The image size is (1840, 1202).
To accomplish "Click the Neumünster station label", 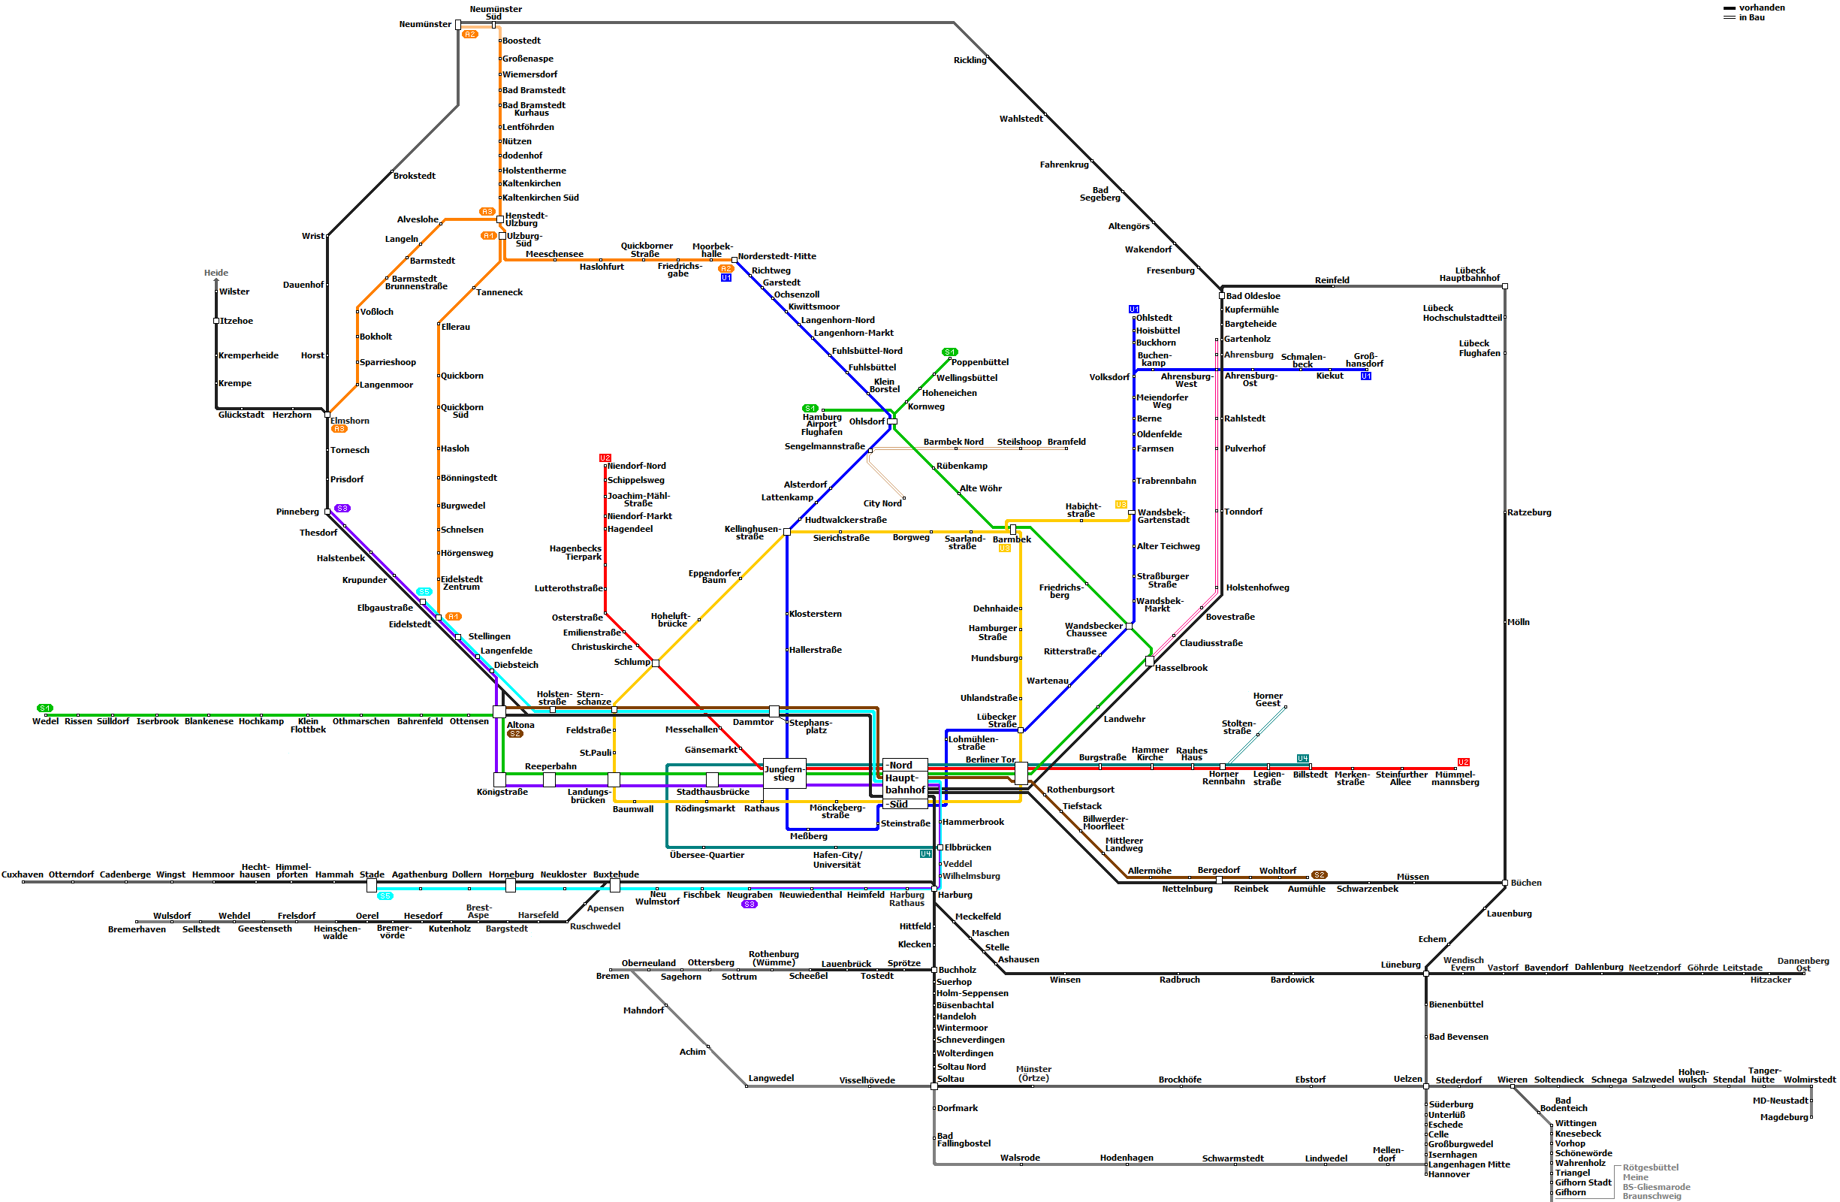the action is (425, 24).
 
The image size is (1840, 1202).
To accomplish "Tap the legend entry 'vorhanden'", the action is (1762, 8).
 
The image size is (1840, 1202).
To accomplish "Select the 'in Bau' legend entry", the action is (1752, 17).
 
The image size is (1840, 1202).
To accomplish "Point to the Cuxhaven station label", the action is (23, 874).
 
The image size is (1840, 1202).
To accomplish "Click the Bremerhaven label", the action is (137, 929).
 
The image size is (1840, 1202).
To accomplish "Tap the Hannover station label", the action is (1449, 1174).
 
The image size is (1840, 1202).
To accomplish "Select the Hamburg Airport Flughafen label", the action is (822, 424).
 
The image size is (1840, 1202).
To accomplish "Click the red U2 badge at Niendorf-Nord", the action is (605, 458).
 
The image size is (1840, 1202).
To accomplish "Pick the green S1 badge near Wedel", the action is (45, 708).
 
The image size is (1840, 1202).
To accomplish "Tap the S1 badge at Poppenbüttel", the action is (950, 352).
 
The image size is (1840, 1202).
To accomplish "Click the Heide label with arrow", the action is (216, 273).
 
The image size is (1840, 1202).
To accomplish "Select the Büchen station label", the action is (1526, 883).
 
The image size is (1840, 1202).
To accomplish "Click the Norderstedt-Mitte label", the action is (777, 256).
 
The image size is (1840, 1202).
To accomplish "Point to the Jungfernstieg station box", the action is (784, 774).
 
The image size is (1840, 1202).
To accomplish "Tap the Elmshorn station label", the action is (350, 421).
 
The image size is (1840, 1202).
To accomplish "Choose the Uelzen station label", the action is (1408, 1078).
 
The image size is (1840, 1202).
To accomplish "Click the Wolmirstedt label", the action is (1809, 1079).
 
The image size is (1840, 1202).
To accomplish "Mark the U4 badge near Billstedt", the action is (1303, 758).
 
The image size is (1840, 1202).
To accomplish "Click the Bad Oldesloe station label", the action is (1253, 296).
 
